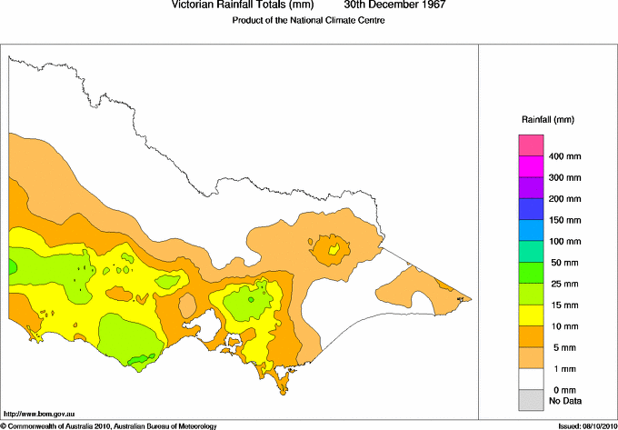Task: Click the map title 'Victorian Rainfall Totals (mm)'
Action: tap(244, 5)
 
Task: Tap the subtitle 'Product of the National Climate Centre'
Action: tap(309, 19)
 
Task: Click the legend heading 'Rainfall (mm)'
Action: tap(548, 120)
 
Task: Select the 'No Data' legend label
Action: tap(564, 400)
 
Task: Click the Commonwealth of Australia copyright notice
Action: tap(109, 425)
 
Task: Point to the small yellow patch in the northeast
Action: tap(334, 248)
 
